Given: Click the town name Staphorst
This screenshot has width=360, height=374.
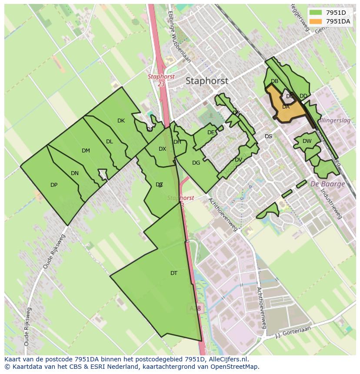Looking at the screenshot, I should click(207, 81).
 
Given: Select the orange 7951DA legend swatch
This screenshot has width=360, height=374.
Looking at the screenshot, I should click(316, 21).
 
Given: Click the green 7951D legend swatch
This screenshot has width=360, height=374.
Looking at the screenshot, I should click(316, 13).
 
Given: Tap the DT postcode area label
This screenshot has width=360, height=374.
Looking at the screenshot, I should click(174, 273).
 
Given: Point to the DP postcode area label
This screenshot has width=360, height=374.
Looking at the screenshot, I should click(54, 185).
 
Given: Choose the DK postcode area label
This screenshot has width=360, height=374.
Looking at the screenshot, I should click(121, 121).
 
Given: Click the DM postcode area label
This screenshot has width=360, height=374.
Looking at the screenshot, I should click(86, 151).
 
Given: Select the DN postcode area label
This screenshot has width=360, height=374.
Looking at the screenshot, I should click(75, 173).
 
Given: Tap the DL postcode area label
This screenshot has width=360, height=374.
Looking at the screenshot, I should click(110, 142).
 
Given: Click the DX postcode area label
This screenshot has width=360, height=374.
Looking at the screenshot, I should click(162, 149).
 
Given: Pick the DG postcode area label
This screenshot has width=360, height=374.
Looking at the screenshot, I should click(196, 163).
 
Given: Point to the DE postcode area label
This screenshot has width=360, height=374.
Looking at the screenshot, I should click(211, 132).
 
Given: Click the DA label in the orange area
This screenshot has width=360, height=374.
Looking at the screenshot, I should click(286, 107).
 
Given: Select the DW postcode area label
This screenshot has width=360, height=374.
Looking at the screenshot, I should click(307, 141).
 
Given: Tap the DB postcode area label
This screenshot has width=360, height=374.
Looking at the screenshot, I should click(274, 81).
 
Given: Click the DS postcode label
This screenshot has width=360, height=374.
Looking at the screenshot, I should click(268, 136).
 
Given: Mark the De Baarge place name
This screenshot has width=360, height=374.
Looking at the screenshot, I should click(327, 184).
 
